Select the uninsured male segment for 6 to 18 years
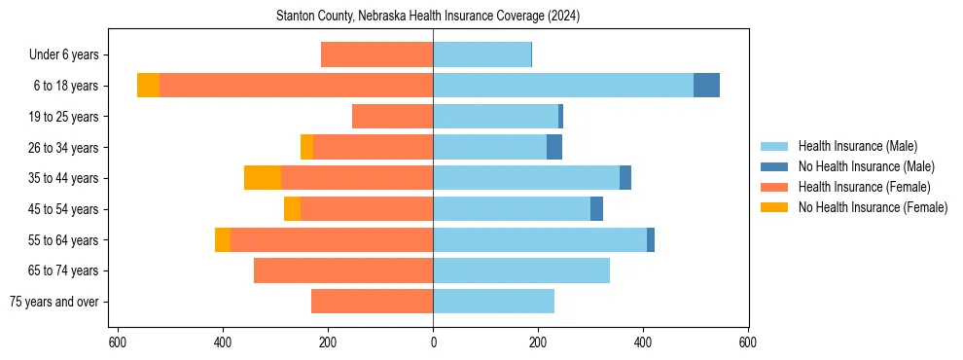pyautogui.click(x=706, y=86)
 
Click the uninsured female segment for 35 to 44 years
pyautogui.click(x=263, y=178)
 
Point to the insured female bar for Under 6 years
pyautogui.click(x=376, y=55)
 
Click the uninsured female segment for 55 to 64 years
pyautogui.click(x=223, y=239)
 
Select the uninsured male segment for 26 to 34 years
pyautogui.click(x=554, y=147)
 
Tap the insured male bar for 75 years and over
pyautogui.click(x=493, y=302)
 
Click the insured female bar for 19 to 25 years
pyautogui.click(x=392, y=117)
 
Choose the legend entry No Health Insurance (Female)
pyautogui.click(x=872, y=207)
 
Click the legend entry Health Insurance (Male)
pyautogui.click(x=857, y=146)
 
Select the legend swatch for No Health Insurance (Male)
pyautogui.click(x=775, y=166)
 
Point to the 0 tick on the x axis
pyautogui.click(x=433, y=342)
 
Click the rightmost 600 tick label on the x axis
pyautogui.click(x=748, y=342)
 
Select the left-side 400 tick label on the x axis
pyautogui.click(x=223, y=342)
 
